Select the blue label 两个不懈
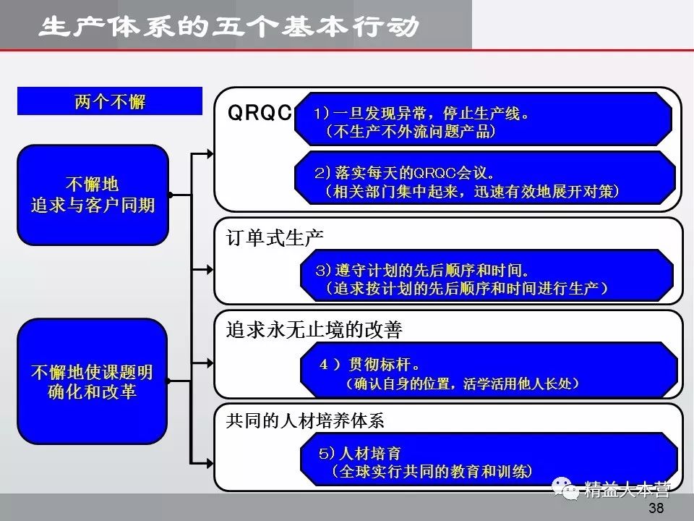[110, 101]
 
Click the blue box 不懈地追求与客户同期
[93, 195]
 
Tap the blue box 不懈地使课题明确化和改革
[93, 381]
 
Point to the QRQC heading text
[259, 113]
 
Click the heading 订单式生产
[275, 237]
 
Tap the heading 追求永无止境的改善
[314, 330]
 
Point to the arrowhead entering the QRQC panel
[210, 153]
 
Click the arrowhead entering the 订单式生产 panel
[210, 268]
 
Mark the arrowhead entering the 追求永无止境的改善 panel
[210, 362]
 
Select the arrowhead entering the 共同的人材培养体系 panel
[210, 462]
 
